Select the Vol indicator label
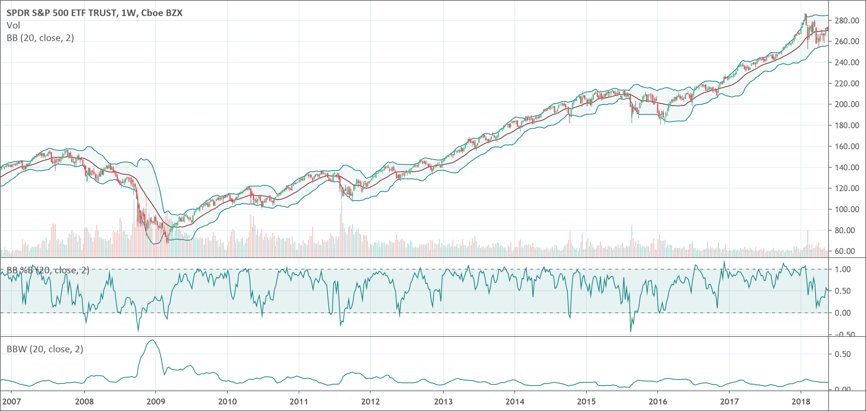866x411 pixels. click(14, 26)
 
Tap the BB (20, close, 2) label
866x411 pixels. click(40, 38)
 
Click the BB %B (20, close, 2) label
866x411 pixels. click(48, 270)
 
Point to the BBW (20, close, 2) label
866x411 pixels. click(45, 349)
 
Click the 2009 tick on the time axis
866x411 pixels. click(156, 401)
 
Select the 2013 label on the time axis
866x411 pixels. click(443, 401)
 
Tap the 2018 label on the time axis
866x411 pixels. click(801, 401)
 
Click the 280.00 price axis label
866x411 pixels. click(847, 21)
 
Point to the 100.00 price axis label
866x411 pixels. click(847, 210)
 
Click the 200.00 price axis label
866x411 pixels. click(847, 104)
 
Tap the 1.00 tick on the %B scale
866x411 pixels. click(843, 269)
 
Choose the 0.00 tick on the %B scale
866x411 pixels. click(843, 313)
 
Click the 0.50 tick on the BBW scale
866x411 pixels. click(843, 354)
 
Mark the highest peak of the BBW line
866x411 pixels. click(152, 340)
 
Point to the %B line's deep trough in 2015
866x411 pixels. click(630, 331)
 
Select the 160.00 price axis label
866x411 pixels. click(847, 147)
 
